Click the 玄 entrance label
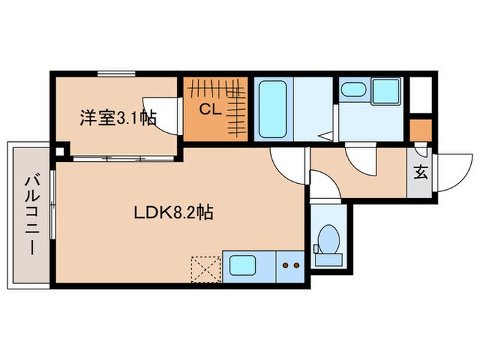pyautogui.click(x=420, y=172)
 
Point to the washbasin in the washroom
pyautogui.click(x=354, y=89)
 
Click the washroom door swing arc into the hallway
pyautogui.click(x=361, y=162)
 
